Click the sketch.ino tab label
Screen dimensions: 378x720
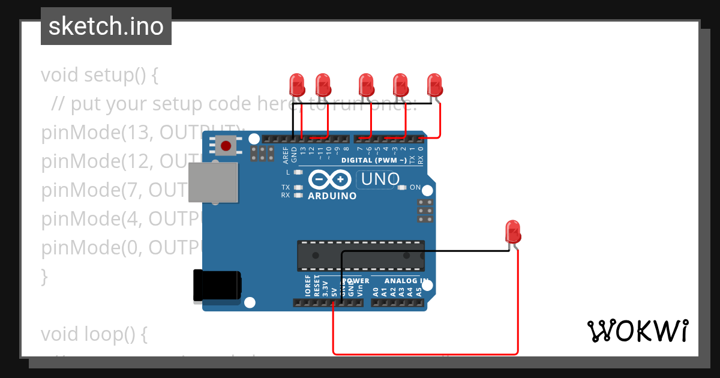[106, 26]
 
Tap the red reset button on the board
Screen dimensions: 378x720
[226, 146]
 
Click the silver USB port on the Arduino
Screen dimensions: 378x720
[213, 182]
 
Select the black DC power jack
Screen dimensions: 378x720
[217, 286]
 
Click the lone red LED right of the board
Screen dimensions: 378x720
[512, 230]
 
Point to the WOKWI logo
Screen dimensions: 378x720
[637, 331]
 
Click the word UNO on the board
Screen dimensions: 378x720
[380, 179]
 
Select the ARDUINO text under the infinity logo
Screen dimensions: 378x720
[332, 196]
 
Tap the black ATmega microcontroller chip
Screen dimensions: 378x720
[361, 255]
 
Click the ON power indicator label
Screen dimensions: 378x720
[415, 188]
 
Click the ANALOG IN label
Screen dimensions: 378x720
[406, 280]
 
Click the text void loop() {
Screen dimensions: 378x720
[94, 334]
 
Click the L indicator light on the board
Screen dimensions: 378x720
[296, 172]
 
